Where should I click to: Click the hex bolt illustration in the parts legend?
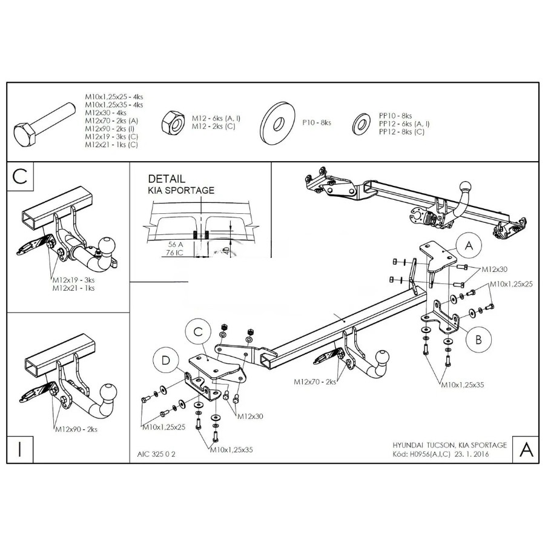click(42, 124)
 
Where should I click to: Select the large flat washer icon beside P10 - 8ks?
click(278, 123)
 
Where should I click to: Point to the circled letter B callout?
click(478, 340)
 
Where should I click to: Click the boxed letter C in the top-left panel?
click(20, 176)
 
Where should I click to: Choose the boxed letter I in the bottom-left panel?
click(20, 449)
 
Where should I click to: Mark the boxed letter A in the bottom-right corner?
click(526, 449)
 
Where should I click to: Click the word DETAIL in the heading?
click(167, 179)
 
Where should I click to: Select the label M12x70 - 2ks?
click(315, 382)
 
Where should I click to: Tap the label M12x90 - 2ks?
click(76, 429)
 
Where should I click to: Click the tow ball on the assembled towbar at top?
click(466, 185)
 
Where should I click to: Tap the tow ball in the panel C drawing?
click(106, 246)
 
